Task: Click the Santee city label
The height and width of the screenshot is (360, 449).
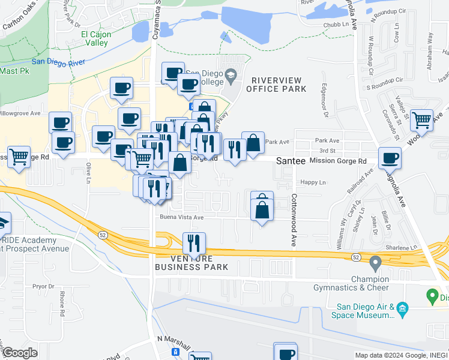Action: pos(292,161)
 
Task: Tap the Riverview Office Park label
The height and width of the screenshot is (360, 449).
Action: pos(279,85)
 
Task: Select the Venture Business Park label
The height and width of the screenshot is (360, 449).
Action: pos(191,262)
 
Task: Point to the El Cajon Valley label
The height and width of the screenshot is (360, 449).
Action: pos(96,38)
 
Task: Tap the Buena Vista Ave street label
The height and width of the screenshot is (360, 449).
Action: pos(181,217)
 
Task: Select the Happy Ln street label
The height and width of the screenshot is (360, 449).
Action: pos(313,182)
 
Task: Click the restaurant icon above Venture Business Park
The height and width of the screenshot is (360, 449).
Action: pos(194,243)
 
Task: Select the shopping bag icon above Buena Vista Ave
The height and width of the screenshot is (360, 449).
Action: pos(262,210)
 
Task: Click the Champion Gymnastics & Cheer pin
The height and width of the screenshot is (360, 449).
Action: pos(376,262)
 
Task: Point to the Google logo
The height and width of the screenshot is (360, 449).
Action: pos(20,353)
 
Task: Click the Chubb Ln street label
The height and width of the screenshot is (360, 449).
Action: pos(337,25)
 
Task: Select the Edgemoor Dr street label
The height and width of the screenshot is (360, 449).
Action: pos(325,100)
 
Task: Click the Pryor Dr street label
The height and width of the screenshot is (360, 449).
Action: pos(43,287)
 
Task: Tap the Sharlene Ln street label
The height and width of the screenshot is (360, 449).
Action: pos(402,247)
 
